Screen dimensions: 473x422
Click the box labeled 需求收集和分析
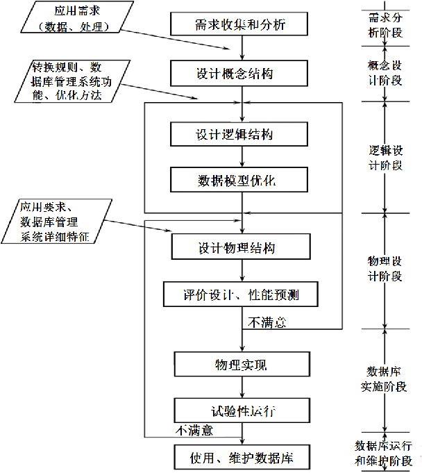(240, 26)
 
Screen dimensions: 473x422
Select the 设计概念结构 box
(240, 73)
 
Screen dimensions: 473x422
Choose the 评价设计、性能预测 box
(240, 294)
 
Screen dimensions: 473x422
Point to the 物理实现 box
(240, 364)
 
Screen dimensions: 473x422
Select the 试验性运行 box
(240, 410)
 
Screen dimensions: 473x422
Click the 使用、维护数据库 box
(240, 458)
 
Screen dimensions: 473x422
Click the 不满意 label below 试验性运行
(194, 431)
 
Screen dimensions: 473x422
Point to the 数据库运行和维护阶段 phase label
(384, 453)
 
